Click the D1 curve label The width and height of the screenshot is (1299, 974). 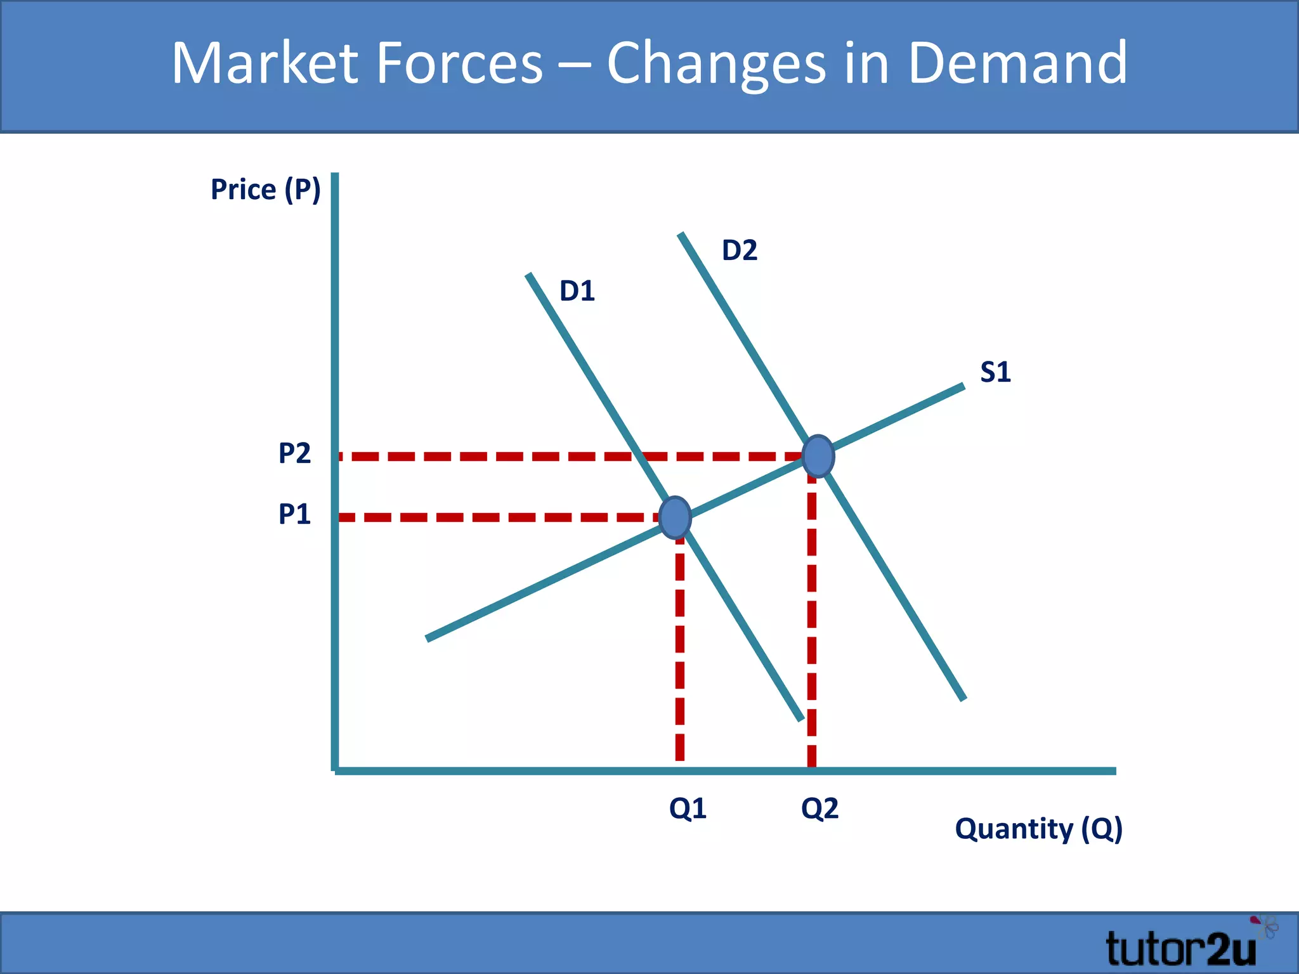[x=577, y=291]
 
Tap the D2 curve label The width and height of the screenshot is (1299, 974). [x=739, y=250]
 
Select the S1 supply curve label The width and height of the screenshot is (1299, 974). [x=995, y=372]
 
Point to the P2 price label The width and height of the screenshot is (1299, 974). [x=294, y=453]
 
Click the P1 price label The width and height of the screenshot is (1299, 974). [x=294, y=514]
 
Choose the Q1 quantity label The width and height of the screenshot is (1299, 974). [x=688, y=808]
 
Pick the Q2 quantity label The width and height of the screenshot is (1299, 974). [x=819, y=808]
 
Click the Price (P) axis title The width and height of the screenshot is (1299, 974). [x=266, y=190]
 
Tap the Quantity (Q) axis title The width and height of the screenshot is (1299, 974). [x=1038, y=829]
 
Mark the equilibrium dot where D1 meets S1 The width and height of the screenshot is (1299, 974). [x=675, y=517]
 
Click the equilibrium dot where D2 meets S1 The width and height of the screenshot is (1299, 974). [x=818, y=456]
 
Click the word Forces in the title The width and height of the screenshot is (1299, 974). [x=460, y=63]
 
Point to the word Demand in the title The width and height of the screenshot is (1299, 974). [x=1017, y=63]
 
